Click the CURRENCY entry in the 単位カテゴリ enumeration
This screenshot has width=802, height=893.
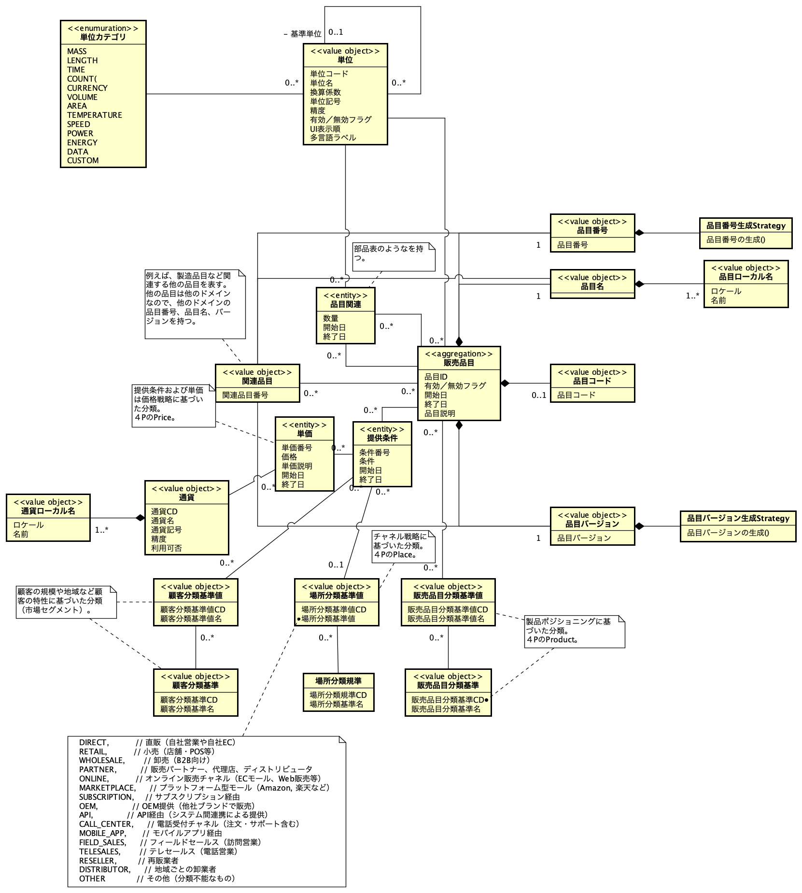(87, 88)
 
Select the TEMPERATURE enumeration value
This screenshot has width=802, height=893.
(95, 115)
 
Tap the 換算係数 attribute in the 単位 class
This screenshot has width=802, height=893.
(325, 92)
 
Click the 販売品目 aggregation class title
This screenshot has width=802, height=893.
(459, 363)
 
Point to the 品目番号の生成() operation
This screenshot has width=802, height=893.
(736, 240)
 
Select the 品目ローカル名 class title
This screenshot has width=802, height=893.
(746, 277)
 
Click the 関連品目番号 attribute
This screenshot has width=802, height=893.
(245, 395)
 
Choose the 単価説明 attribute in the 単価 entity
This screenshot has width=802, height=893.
(297, 466)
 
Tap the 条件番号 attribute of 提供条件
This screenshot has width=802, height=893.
(374, 453)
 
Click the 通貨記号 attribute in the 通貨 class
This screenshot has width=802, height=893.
(167, 530)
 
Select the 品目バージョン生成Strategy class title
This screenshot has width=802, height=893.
(738, 519)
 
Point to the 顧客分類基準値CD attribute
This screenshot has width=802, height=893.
(193, 610)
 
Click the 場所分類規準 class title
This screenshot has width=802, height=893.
(338, 681)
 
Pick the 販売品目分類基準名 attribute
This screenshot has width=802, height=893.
(446, 709)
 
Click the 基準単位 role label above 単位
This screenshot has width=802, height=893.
(305, 34)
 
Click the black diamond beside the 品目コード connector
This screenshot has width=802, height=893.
(505, 383)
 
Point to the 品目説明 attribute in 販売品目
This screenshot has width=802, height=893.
(440, 413)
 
